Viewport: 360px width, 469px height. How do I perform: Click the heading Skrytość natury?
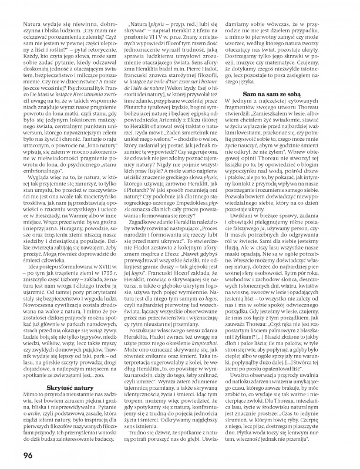73,339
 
